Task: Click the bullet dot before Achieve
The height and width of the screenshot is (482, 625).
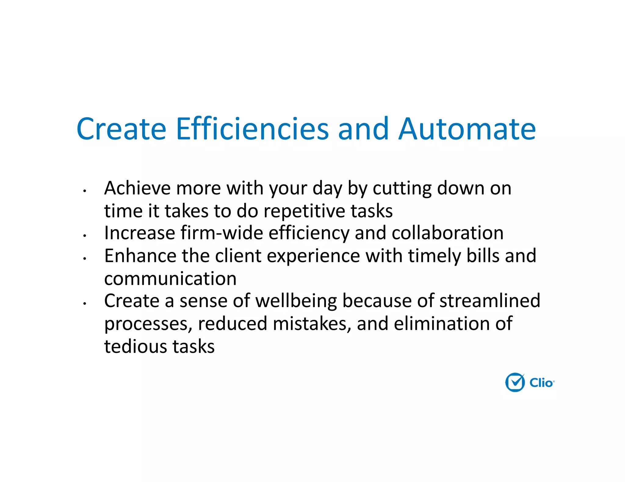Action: coord(85,191)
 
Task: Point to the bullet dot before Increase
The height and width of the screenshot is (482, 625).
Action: coord(85,236)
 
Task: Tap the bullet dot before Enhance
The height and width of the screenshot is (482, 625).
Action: coord(85,258)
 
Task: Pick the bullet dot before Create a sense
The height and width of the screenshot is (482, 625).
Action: coord(85,303)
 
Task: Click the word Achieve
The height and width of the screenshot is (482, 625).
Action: coord(137,188)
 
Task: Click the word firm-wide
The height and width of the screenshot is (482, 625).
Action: coord(222,233)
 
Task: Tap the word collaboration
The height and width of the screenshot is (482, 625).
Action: coord(447,233)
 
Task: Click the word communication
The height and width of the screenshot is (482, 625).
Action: coord(170,278)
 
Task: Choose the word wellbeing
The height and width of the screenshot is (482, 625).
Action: coord(296,301)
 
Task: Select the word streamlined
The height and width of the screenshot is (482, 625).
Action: coord(490,301)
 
